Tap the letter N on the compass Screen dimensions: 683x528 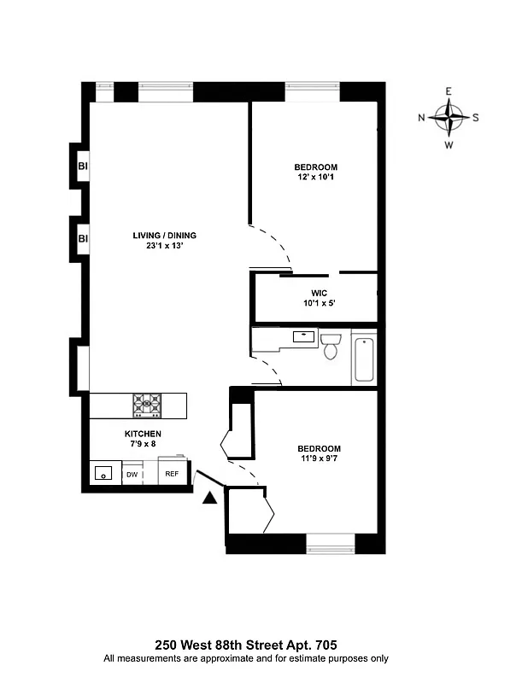tap(421, 118)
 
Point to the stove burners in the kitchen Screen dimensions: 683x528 tap(145, 404)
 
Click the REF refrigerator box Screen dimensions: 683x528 tap(172, 474)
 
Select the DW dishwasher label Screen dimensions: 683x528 tap(132, 475)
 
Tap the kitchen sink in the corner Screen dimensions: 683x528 tap(104, 472)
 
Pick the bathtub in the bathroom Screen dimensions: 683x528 tap(363, 359)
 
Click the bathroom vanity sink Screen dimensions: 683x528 tap(303, 336)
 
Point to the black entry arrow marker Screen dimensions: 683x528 tap(209, 499)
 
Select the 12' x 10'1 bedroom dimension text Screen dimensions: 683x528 tap(315, 178)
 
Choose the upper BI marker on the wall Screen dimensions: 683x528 tap(83, 166)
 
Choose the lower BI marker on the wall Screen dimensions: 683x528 tap(83, 238)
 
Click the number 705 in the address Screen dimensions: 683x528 tap(332, 645)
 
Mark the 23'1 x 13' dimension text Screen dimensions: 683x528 tap(165, 247)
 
